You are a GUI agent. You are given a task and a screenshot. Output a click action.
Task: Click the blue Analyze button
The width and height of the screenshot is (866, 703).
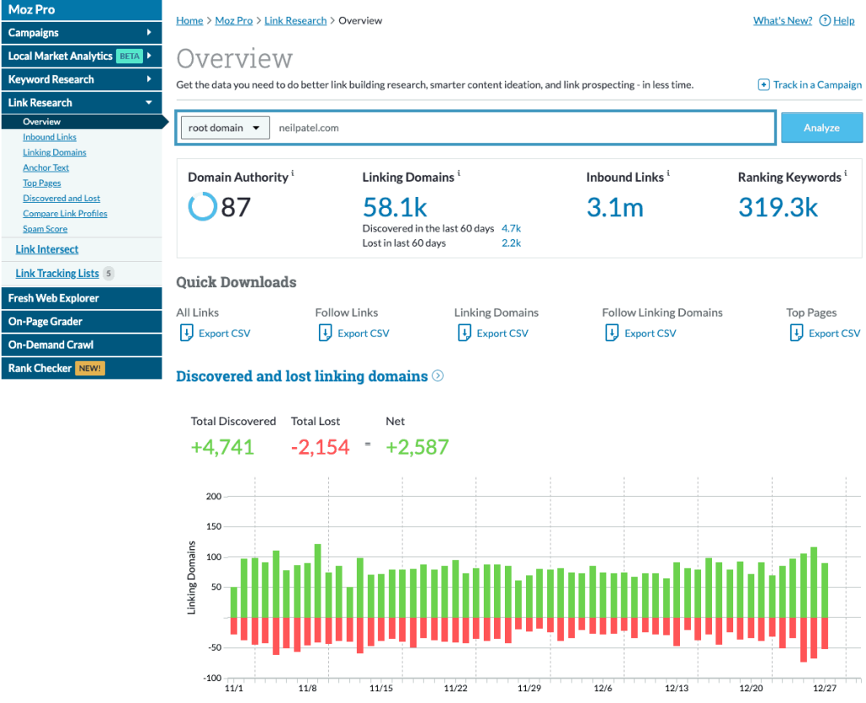[821, 128]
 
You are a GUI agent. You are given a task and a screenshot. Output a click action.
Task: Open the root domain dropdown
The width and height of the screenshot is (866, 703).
[225, 128]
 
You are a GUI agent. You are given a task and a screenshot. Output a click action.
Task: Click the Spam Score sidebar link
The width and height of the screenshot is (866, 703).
[45, 229]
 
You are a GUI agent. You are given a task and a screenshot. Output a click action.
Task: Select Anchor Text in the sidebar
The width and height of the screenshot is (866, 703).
[46, 167]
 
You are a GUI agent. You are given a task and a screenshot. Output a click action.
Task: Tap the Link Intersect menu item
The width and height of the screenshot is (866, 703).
[47, 249]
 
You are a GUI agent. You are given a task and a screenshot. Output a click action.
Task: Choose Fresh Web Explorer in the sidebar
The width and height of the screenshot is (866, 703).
[53, 298]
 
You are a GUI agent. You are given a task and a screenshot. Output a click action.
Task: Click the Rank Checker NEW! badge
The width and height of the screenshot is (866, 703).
[90, 368]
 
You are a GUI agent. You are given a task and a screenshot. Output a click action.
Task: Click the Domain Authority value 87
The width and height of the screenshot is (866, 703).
[235, 206]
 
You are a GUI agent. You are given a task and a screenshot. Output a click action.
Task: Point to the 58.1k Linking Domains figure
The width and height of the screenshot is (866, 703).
[395, 206]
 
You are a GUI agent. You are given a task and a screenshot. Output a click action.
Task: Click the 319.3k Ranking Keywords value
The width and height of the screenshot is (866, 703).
[778, 206]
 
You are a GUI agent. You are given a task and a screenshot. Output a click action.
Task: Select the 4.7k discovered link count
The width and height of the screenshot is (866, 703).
[511, 228]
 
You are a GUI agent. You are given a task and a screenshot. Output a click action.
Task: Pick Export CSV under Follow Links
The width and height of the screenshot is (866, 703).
[363, 333]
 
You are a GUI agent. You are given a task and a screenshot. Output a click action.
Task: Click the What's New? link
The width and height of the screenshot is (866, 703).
[782, 20]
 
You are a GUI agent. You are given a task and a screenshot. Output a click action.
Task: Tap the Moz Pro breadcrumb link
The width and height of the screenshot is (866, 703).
[233, 20]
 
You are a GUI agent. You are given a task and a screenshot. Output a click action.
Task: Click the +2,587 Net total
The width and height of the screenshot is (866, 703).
[417, 447]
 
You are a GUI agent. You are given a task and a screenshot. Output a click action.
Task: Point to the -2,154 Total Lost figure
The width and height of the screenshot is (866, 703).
[320, 447]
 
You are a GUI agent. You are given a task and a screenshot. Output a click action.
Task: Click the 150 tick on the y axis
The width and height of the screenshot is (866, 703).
[213, 526]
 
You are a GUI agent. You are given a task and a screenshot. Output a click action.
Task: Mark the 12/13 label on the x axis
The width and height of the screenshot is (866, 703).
[677, 689]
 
